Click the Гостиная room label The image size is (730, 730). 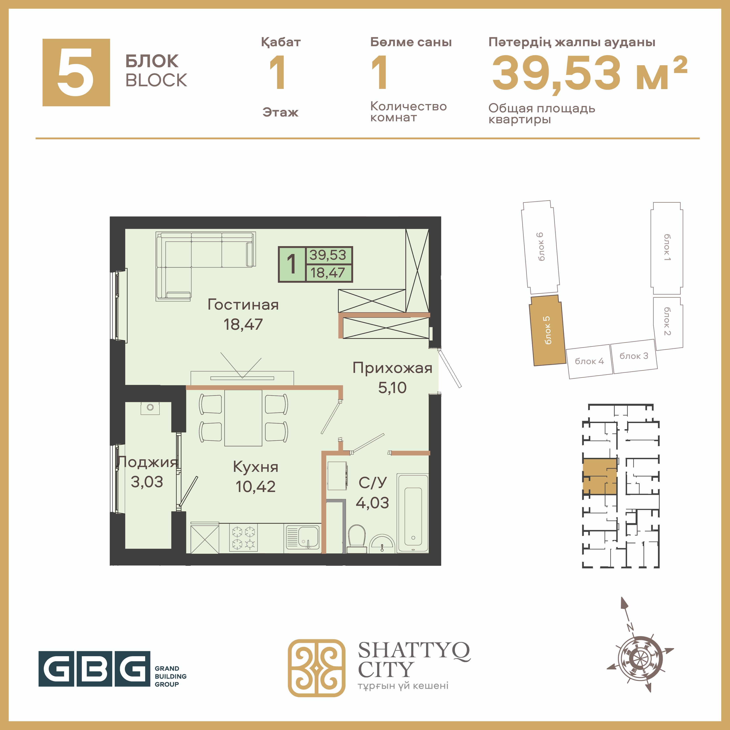(243, 305)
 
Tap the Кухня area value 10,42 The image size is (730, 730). (256, 487)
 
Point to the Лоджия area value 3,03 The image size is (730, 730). (147, 482)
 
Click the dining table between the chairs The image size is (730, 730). (243, 418)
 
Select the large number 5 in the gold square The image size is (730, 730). (76, 72)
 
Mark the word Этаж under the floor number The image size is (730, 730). (280, 112)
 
